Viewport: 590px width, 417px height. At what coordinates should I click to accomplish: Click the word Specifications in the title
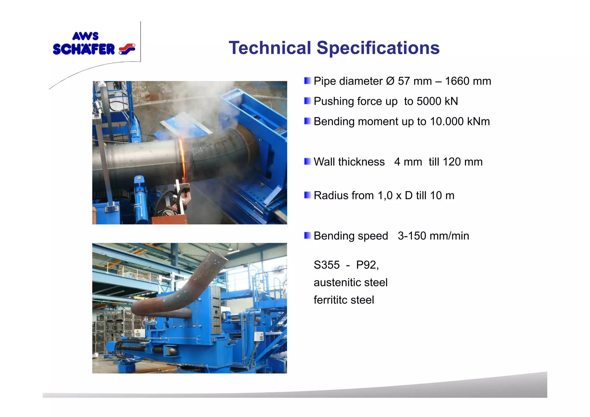coord(378,48)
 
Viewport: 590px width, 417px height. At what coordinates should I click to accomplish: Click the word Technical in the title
coord(270,48)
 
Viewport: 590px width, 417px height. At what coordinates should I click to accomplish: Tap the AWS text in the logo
coord(85,36)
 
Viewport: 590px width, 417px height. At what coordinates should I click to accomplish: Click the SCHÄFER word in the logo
coord(84,49)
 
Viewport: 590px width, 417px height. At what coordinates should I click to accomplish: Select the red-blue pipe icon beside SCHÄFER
coord(127,49)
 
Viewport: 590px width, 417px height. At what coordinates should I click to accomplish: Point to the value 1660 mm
coord(468,81)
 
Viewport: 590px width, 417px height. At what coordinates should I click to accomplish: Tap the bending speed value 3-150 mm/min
coord(433,236)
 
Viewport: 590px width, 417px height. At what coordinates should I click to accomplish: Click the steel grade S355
coord(326,265)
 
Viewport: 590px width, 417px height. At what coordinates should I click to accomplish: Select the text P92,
coord(367,265)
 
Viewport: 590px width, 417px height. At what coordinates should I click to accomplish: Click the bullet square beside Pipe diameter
coord(307,81)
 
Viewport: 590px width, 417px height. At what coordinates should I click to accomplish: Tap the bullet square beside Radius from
coord(307,195)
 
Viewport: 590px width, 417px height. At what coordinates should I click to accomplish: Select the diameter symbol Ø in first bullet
coord(390,81)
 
